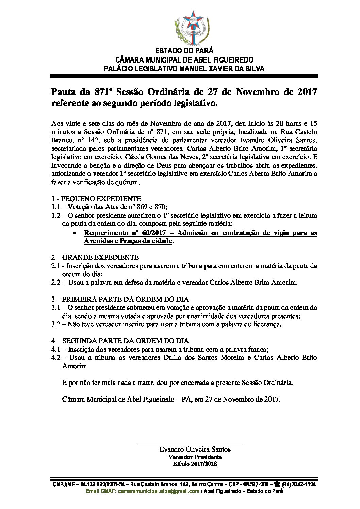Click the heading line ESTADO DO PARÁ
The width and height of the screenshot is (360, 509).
184,51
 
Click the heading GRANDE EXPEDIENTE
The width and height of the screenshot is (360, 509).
100,257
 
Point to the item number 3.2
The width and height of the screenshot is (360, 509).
56,324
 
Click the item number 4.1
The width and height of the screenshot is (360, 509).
56,349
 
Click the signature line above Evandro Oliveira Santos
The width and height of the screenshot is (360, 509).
190,444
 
